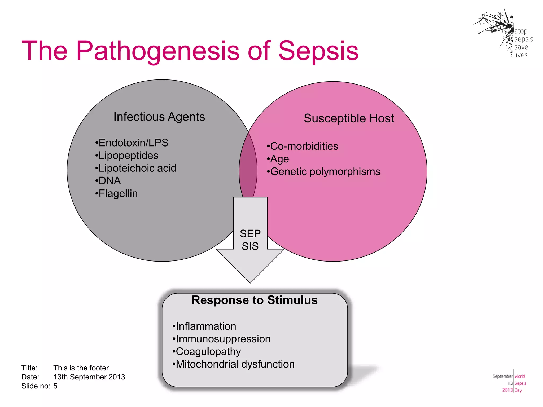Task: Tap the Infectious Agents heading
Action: click(159, 117)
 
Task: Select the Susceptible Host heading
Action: click(349, 118)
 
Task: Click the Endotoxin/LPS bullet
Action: click(132, 143)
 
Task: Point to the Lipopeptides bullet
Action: click(127, 156)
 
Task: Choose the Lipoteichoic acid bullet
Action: click(136, 168)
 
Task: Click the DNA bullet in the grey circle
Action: click(108, 181)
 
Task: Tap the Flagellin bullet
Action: click(117, 194)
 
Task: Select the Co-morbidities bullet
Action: click(303, 146)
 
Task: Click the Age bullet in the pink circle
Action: click(278, 159)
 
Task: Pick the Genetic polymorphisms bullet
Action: click(324, 172)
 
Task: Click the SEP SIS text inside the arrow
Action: click(250, 240)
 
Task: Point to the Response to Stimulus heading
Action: click(255, 300)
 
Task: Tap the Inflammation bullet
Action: click(204, 326)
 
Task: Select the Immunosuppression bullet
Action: click(222, 339)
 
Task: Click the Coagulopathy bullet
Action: click(207, 352)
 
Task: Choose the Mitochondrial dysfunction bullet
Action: click(234, 364)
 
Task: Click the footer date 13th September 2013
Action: click(89, 377)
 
